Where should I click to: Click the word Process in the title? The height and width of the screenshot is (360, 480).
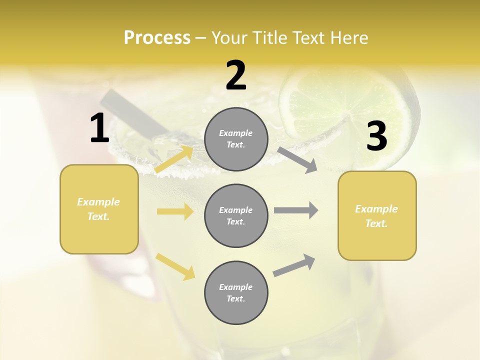(157, 38)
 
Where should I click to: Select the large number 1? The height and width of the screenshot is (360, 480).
(99, 128)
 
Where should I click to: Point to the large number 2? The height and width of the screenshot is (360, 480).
(236, 76)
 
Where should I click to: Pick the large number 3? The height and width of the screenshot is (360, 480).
(376, 136)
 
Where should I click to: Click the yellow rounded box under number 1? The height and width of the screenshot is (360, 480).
(99, 209)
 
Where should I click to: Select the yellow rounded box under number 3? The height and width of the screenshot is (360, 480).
(377, 215)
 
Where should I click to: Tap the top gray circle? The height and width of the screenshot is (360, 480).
(236, 139)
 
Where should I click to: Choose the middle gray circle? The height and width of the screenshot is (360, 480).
(236, 215)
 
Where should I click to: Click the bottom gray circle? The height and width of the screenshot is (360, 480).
(236, 292)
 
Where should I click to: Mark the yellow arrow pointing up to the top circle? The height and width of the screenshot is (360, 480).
(174, 159)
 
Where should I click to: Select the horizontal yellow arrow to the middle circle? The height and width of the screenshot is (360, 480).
(175, 211)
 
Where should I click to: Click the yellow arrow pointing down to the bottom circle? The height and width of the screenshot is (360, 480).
(175, 266)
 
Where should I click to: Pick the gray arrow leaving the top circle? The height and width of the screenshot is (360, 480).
(297, 159)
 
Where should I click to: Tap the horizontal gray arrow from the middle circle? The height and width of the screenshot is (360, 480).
(295, 210)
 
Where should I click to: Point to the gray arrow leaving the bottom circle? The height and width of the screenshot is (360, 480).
(294, 265)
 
